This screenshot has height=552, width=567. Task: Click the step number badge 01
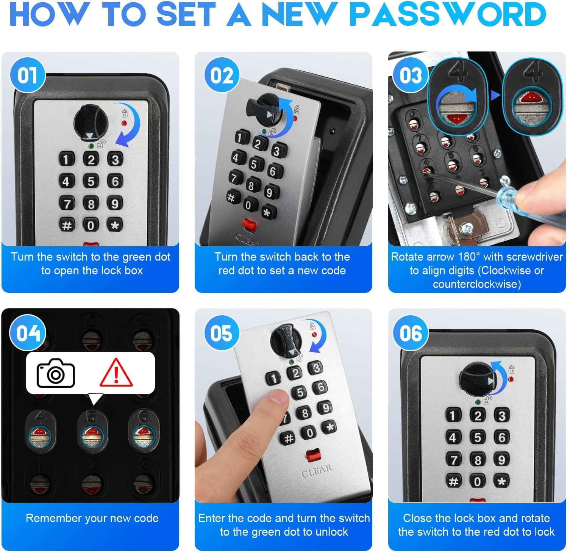point(27,75)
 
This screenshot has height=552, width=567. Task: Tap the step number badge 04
point(28,333)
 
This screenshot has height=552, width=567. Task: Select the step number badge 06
point(411,333)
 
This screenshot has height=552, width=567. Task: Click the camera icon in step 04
point(56,373)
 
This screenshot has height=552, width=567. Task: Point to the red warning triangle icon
point(116,373)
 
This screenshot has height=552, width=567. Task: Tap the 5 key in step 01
point(91,181)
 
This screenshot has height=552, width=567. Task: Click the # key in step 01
point(67,225)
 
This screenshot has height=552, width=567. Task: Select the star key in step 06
point(501,481)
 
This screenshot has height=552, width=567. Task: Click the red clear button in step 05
point(313,454)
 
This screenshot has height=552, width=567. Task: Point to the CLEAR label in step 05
point(317,470)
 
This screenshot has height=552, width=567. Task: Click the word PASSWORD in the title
point(448,14)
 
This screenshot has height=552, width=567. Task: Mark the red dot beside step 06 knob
point(511,379)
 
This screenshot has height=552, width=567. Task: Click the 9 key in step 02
point(269,192)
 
